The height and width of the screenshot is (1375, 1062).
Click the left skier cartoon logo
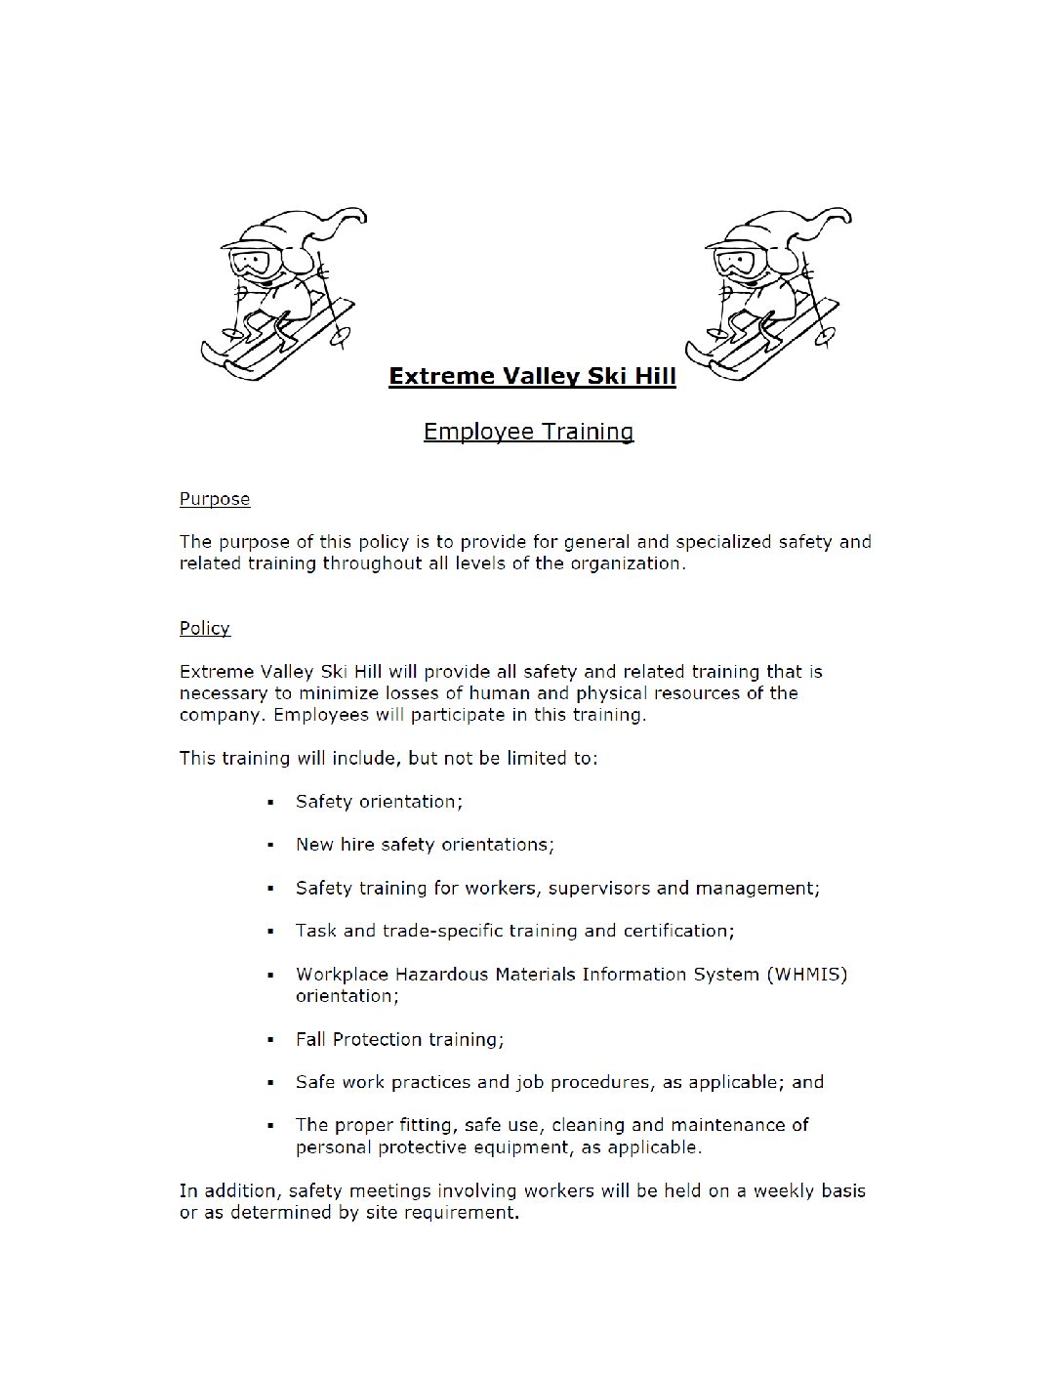click(x=283, y=293)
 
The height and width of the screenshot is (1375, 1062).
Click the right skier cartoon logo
click(x=767, y=293)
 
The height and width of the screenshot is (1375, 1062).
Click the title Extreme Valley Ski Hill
click(x=532, y=376)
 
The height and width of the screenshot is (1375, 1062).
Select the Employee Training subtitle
click(x=528, y=432)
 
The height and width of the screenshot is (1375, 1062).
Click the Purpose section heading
click(x=215, y=499)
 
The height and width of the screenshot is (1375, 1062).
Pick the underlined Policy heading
click(x=205, y=628)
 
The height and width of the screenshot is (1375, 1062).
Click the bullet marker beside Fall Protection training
click(x=270, y=1040)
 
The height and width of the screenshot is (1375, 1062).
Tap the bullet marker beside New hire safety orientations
click(x=270, y=845)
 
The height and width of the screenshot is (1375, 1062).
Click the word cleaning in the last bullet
click(x=588, y=1125)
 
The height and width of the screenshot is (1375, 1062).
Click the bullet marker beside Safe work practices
click(x=270, y=1083)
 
